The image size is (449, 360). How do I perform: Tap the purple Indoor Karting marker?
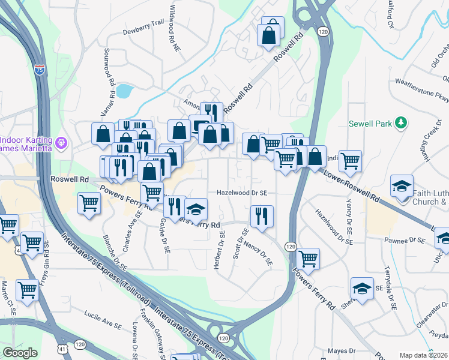click(x=61, y=143)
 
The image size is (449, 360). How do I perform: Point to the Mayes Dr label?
click(x=343, y=350)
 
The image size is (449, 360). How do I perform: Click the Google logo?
click(x=20, y=353)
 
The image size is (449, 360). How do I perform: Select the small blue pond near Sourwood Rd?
click(x=124, y=91)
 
